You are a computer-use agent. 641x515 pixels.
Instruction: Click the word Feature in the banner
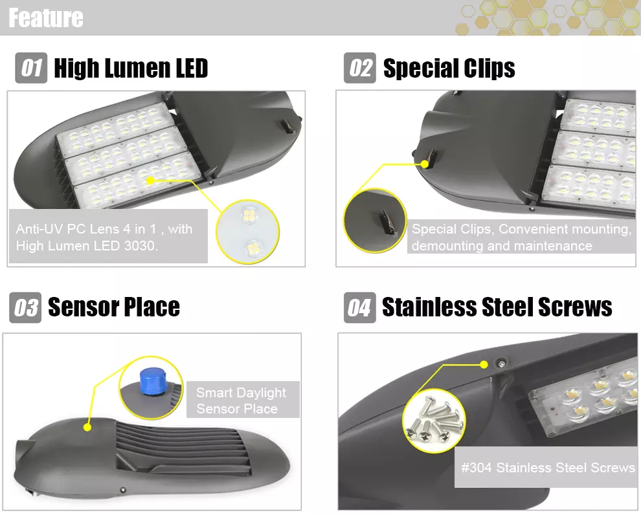[46, 17]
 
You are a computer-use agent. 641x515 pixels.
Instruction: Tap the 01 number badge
[31, 68]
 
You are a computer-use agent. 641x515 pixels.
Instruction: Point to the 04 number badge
[359, 307]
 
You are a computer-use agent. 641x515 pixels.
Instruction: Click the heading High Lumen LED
[131, 68]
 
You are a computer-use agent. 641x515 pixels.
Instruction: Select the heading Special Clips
[449, 68]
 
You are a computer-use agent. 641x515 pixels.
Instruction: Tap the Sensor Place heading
[114, 307]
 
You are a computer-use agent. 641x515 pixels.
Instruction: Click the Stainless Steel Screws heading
[497, 307]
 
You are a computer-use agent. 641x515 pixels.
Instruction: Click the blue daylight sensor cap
[152, 378]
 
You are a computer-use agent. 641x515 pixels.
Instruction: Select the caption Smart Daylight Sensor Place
[241, 400]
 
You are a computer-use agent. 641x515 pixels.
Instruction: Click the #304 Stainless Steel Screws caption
[548, 467]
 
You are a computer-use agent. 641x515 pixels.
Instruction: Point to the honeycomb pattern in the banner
[550, 17]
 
